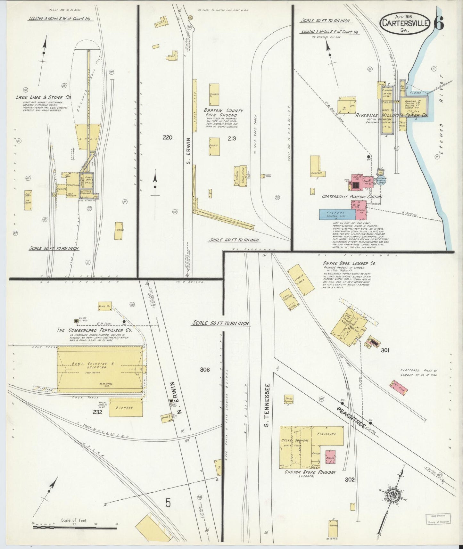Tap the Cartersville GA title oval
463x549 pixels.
[x=405, y=23]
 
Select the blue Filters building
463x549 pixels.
[x=335, y=214]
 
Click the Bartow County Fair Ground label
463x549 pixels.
[x=223, y=112]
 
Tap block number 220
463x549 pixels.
[x=167, y=138]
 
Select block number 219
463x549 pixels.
[x=232, y=138]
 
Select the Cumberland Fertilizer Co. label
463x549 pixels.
[x=94, y=330]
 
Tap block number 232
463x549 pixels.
[x=97, y=412]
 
